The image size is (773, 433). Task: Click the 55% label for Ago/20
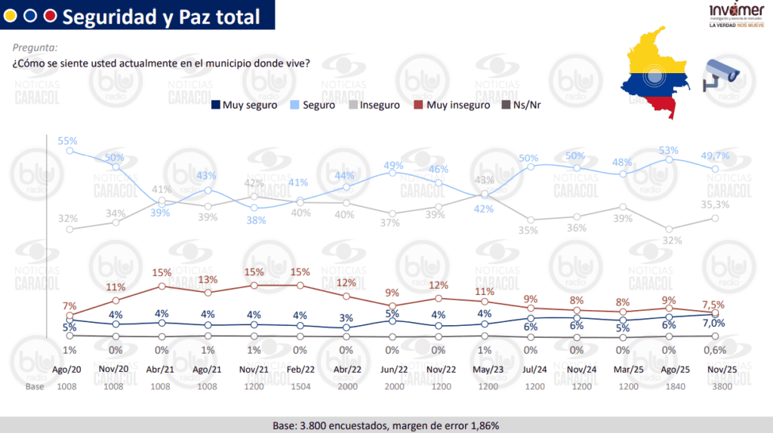pos(68,141)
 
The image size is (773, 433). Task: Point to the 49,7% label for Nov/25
pos(716,155)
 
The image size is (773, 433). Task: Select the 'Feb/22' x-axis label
pos(300,371)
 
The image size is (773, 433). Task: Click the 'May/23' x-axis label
pos(485,371)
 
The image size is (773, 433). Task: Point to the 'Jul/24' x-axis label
pos(531,371)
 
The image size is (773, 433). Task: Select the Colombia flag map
pos(654,72)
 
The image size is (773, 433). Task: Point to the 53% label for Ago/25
pos(669,150)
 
